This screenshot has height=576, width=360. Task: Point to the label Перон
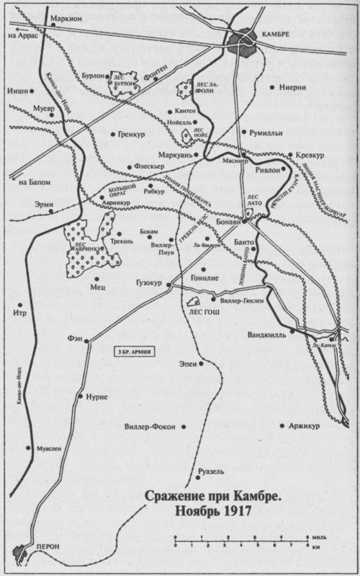(46, 545)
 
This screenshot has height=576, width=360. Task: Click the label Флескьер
(150, 166)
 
